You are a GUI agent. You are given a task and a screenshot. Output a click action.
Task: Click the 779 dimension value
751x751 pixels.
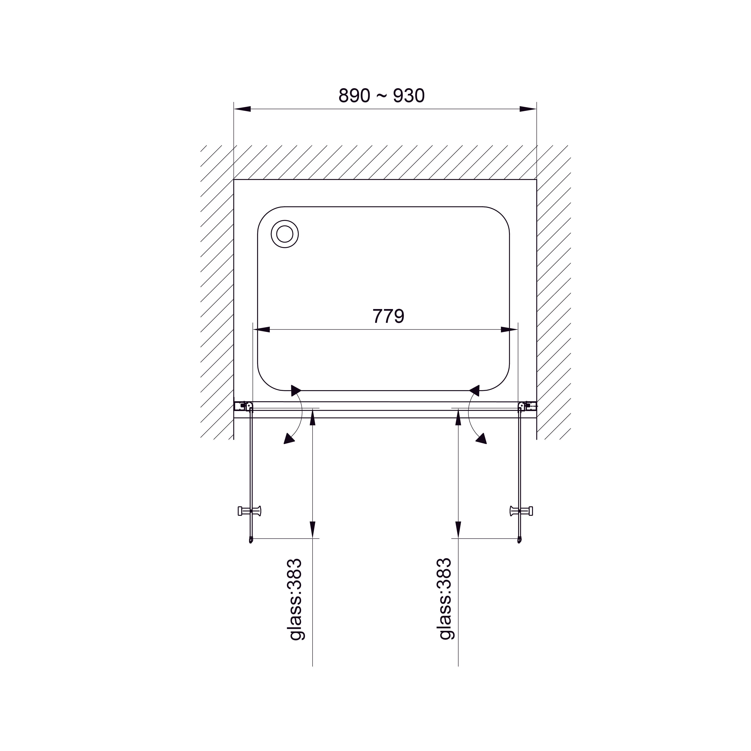388,316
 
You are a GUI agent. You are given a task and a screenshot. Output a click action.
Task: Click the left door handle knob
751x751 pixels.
249,511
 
